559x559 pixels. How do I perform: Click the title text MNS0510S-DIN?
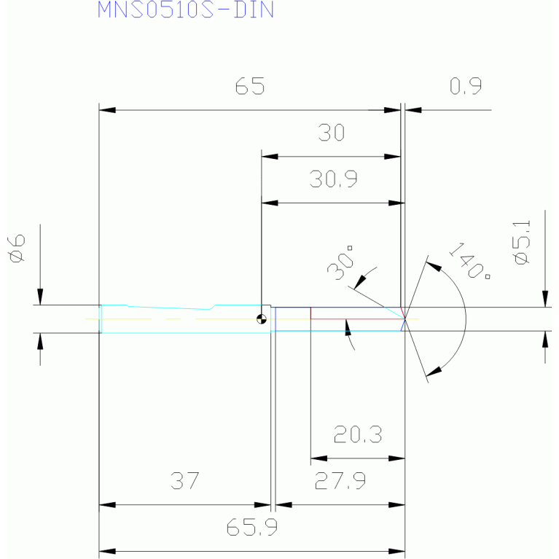click(186, 9)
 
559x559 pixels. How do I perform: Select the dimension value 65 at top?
click(250, 86)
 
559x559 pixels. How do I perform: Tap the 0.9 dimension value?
click(466, 86)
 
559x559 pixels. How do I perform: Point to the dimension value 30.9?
click(333, 179)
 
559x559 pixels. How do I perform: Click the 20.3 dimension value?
click(358, 434)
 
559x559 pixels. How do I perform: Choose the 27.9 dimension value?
click(340, 480)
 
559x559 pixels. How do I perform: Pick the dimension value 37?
click(184, 480)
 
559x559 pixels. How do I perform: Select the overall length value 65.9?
click(251, 527)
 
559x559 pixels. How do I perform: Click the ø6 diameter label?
click(17, 248)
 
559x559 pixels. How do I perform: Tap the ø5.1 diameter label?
click(523, 243)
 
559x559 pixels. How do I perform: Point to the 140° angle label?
click(469, 261)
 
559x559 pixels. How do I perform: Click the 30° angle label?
click(340, 263)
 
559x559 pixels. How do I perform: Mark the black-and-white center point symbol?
click(262, 319)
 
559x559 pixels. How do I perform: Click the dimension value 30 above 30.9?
click(331, 132)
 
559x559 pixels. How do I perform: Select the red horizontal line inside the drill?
click(358, 318)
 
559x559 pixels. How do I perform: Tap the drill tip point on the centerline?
click(405, 318)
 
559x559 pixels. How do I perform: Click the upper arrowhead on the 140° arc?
click(434, 266)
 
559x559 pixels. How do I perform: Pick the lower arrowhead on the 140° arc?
click(434, 372)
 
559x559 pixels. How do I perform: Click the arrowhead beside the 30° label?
click(360, 281)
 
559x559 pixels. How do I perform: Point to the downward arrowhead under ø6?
click(40, 297)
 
